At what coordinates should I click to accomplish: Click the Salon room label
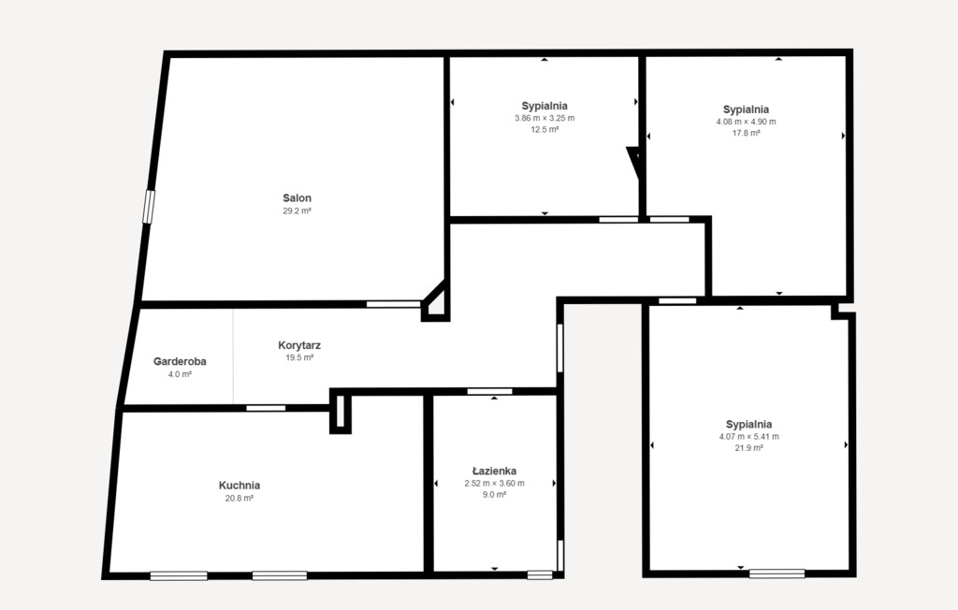(298, 198)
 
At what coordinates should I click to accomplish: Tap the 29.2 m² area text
(298, 211)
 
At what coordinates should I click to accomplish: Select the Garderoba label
(180, 361)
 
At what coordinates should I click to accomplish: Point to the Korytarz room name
(299, 345)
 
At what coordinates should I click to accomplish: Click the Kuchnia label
(239, 486)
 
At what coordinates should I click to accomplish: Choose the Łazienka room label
(494, 472)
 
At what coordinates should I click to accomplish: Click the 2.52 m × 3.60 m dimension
(494, 484)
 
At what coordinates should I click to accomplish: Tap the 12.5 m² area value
(544, 130)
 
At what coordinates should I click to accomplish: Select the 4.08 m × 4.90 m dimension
(746, 122)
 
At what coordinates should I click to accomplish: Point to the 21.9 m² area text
(748, 448)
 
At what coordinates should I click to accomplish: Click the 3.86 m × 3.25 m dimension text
(544, 118)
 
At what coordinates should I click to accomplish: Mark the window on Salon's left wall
(147, 207)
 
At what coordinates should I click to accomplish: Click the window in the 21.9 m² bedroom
(777, 574)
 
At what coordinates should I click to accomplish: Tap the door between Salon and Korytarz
(393, 304)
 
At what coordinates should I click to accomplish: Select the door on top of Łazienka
(490, 391)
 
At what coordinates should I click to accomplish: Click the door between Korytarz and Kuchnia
(266, 408)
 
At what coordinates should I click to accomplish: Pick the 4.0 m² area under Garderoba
(180, 374)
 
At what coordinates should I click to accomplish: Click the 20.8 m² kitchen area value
(239, 499)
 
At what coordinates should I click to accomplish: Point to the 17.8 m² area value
(746, 134)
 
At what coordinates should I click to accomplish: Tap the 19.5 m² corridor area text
(299, 357)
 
